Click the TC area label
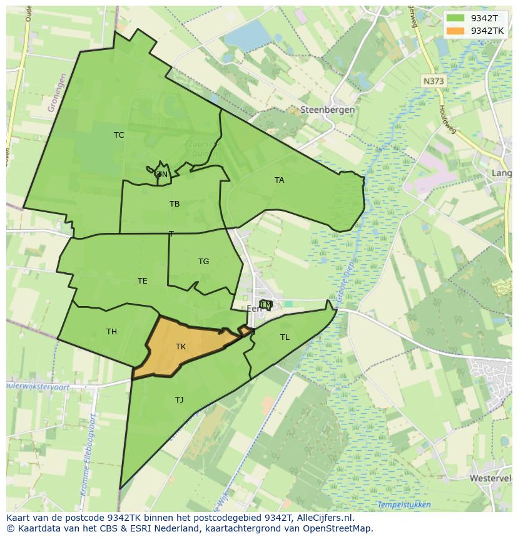[119, 135]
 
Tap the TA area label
[279, 180]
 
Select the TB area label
[175, 204]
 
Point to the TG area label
[203, 262]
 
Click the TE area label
[143, 281]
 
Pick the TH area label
[111, 332]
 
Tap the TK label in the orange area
[181, 347]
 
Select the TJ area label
[179, 399]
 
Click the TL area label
[285, 337]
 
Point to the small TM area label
[266, 305]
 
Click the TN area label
[162, 175]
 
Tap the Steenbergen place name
[327, 110]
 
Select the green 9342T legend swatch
[455, 18]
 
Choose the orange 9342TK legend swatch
[455, 30]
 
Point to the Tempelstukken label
[404, 505]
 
